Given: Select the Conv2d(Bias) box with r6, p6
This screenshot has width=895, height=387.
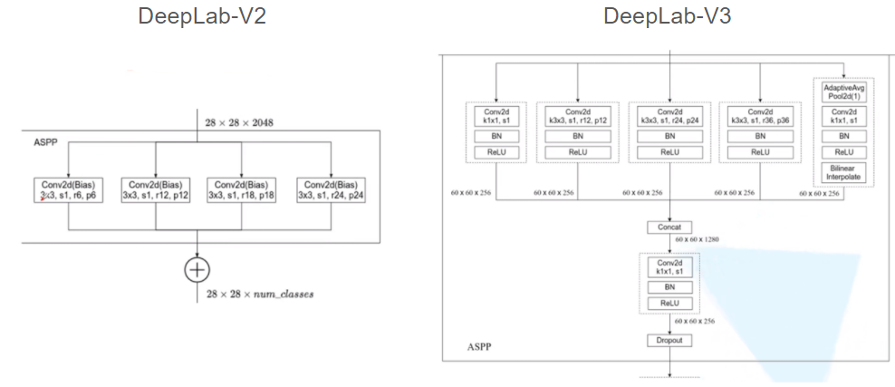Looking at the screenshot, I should click(x=67, y=189).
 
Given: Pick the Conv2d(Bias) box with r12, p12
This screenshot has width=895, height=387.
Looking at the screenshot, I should click(x=155, y=189).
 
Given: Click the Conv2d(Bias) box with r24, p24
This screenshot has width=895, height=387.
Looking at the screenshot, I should click(x=331, y=189).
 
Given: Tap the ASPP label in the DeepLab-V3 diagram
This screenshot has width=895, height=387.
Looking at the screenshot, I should click(x=479, y=346).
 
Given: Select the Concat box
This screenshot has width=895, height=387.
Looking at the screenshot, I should click(x=669, y=227).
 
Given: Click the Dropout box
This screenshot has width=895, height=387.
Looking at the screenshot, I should click(x=669, y=340).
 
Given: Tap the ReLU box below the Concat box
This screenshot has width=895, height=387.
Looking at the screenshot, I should click(x=669, y=303).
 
